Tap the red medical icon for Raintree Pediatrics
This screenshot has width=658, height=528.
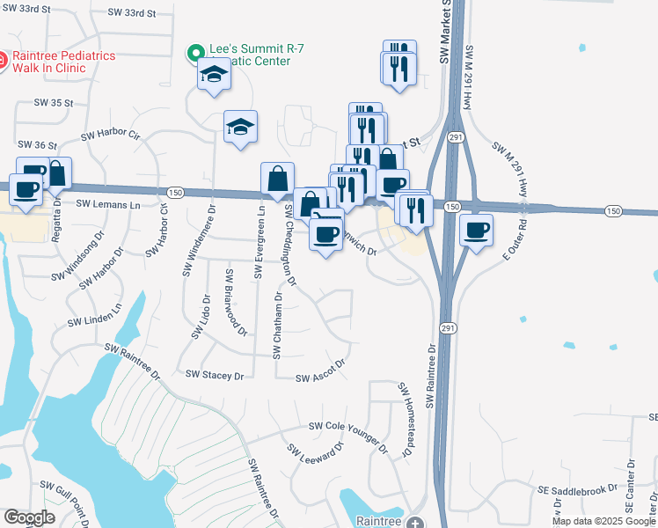[x=4, y=61]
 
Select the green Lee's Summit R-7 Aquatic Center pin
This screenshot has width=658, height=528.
[x=194, y=54]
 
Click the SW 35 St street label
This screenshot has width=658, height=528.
[x=53, y=103]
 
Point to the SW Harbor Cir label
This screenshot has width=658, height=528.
[x=110, y=136]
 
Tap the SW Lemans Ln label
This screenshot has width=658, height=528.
[x=108, y=204]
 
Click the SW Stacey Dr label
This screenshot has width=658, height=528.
[x=214, y=375]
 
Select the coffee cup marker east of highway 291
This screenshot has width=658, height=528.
[x=477, y=231]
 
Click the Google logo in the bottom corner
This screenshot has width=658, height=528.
[x=29, y=517]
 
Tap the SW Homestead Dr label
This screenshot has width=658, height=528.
[x=406, y=419]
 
